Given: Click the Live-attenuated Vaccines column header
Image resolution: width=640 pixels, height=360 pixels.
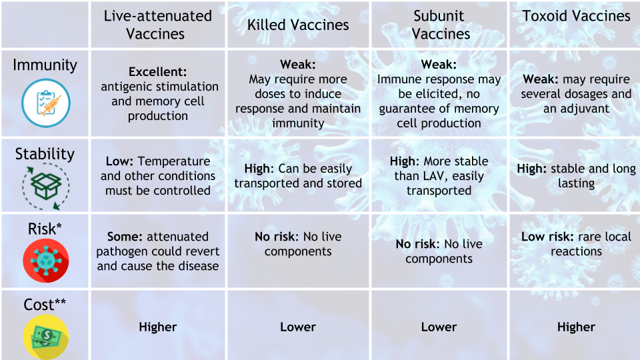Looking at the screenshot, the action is pos(157,25).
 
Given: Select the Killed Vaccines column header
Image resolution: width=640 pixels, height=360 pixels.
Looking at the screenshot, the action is pos(298,25).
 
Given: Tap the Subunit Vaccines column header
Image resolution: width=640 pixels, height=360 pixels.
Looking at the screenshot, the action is pos(439,25).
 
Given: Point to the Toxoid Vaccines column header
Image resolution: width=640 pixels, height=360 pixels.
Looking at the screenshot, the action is pos(576,16).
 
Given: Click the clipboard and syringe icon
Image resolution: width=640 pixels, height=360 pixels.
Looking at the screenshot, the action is pos(46,103).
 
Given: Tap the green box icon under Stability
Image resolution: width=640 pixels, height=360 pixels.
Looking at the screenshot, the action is pos(46,187).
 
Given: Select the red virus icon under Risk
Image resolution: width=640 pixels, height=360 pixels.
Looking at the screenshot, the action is pos(46,261).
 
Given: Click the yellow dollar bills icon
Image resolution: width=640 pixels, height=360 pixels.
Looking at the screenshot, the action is pos(46,337).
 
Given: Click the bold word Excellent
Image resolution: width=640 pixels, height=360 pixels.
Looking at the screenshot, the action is pos(157,72).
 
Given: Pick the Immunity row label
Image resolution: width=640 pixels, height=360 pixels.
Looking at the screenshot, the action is pos(45,65).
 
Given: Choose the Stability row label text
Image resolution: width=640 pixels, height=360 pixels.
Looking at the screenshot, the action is pos(45,154).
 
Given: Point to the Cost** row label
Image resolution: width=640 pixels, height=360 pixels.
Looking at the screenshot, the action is pos(45,305).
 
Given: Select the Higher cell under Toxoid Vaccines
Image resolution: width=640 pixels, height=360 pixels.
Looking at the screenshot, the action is pos(576,327).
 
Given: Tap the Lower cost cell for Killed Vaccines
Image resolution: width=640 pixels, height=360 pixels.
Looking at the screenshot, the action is pos(298,327).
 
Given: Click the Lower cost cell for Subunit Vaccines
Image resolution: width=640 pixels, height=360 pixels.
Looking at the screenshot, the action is pos(439,327).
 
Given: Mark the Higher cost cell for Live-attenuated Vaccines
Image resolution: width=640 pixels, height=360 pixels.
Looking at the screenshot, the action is pos(157,327).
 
